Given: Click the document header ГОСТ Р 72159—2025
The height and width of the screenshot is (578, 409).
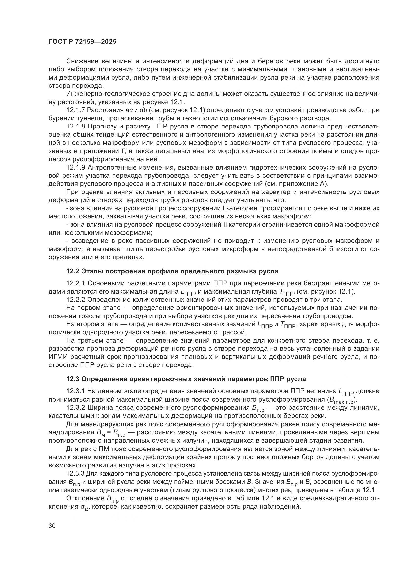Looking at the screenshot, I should pos(82,42).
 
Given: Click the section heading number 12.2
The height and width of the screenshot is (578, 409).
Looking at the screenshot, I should pos(73,271).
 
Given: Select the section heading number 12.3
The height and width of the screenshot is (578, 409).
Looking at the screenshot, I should pos(73,386).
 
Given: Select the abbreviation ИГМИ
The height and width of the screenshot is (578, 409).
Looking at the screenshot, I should pos(58,357).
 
